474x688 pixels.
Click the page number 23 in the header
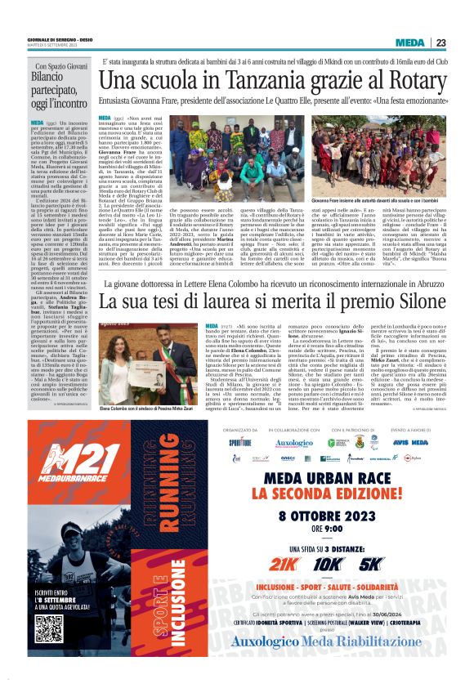click(x=440, y=42)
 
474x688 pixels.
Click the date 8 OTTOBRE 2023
click(x=326, y=516)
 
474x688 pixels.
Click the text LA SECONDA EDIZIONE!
click(x=326, y=494)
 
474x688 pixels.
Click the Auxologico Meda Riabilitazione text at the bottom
click(x=326, y=663)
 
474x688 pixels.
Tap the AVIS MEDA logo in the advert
click(x=410, y=442)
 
